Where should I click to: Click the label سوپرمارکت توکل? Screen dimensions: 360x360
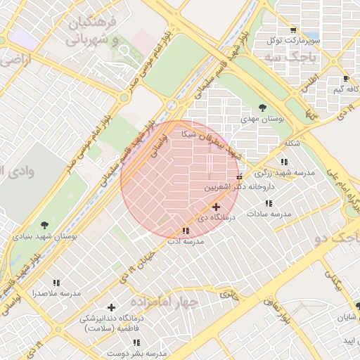(294, 40)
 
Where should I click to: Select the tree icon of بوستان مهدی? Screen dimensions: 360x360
(262, 108)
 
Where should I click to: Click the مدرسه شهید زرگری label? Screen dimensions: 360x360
(285, 172)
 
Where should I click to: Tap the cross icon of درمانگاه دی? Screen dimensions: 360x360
(216, 207)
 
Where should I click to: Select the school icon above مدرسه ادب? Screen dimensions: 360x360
(186, 230)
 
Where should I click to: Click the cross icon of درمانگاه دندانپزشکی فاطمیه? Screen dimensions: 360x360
(111, 307)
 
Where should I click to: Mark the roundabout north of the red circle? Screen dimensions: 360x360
(172, 106)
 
